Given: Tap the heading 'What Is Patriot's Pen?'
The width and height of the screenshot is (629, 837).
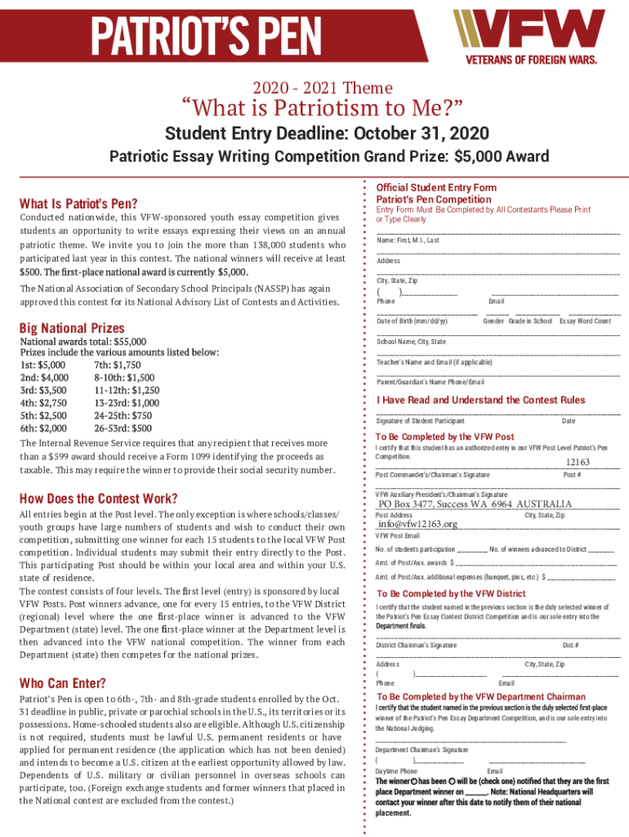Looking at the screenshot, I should (78, 204).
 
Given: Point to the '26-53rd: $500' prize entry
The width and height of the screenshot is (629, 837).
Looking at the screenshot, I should (123, 427).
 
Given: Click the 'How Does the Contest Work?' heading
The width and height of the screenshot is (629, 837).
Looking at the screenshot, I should (98, 499).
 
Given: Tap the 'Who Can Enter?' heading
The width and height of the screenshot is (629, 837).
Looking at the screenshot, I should (62, 683).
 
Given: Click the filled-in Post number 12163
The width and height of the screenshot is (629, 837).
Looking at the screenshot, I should (578, 463).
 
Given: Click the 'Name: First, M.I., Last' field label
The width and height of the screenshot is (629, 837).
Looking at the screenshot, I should (408, 240).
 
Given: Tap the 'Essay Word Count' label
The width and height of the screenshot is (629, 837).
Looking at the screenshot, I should (585, 321).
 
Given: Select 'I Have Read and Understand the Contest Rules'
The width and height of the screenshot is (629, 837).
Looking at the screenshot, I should (480, 401).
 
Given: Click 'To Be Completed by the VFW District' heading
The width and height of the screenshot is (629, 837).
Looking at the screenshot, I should (451, 593).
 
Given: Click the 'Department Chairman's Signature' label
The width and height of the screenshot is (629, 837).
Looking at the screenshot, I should (422, 750).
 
